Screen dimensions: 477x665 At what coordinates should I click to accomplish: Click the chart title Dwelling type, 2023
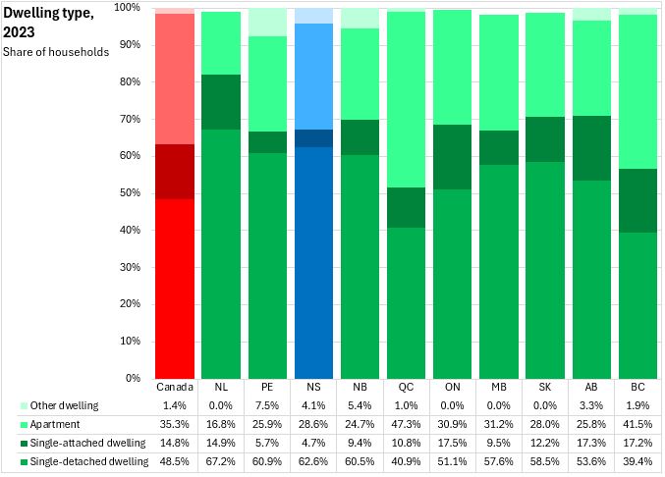pos(49,23)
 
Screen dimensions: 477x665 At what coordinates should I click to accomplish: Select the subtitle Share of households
pos(56,51)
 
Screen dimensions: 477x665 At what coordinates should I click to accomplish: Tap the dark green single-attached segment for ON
pos(452,157)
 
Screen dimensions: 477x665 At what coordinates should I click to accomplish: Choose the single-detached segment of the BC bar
pos(637,304)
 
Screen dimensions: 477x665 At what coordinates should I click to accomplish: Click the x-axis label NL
pos(220,387)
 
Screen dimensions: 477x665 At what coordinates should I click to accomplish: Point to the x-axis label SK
pos(544,387)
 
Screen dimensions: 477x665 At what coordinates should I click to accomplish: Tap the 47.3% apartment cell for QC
pos(406,424)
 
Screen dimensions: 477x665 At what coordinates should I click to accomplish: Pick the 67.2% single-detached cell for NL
pos(220,461)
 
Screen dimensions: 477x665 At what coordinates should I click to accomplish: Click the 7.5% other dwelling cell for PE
pos(266,405)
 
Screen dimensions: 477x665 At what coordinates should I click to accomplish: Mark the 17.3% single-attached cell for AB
pos(590,443)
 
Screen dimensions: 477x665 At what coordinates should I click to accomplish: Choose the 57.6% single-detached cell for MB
pos(498,461)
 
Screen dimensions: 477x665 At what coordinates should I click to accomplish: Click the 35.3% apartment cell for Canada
pos(174,424)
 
